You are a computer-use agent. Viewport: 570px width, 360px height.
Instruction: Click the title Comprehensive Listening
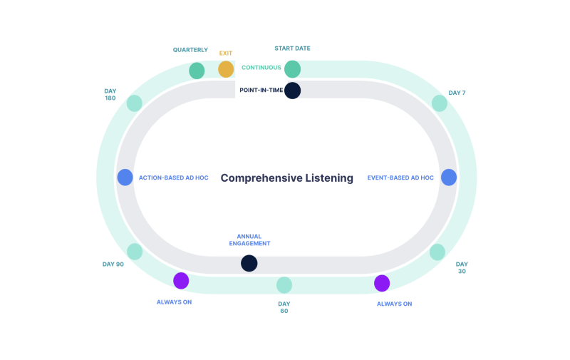pyautogui.click(x=286, y=178)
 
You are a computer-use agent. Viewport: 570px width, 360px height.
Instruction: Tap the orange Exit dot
pyautogui.click(x=226, y=69)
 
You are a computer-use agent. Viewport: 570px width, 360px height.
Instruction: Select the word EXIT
pyautogui.click(x=226, y=53)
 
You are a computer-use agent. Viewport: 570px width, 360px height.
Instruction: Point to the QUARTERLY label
pyautogui.click(x=190, y=50)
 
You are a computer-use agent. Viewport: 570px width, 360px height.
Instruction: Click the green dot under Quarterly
pyautogui.click(x=197, y=71)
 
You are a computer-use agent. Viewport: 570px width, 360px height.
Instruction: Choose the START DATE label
pyautogui.click(x=292, y=48)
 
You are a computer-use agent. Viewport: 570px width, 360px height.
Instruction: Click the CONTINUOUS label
pyautogui.click(x=261, y=68)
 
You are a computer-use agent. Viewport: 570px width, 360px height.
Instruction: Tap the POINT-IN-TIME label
pyautogui.click(x=261, y=91)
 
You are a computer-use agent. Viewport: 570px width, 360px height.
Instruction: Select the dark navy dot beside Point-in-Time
pyautogui.click(x=292, y=91)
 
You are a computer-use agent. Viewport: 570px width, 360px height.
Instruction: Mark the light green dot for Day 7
pyautogui.click(x=440, y=103)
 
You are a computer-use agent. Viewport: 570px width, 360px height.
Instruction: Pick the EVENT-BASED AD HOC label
pyautogui.click(x=400, y=178)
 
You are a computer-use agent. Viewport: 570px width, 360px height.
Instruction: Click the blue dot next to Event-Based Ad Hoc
pyautogui.click(x=448, y=178)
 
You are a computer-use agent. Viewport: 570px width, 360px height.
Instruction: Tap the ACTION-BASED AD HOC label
pyautogui.click(x=174, y=178)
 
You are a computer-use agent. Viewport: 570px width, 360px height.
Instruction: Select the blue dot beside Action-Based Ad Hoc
pyautogui.click(x=125, y=178)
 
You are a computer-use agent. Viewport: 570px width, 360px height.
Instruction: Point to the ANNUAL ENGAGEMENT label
pyautogui.click(x=249, y=240)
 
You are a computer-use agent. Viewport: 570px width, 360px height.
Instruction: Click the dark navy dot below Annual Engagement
pyautogui.click(x=249, y=263)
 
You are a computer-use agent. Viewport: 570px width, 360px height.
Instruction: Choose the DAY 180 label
pyautogui.click(x=110, y=95)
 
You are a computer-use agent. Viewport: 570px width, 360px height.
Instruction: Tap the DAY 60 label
pyautogui.click(x=284, y=307)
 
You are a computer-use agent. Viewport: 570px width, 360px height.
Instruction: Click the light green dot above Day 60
pyautogui.click(x=284, y=285)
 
